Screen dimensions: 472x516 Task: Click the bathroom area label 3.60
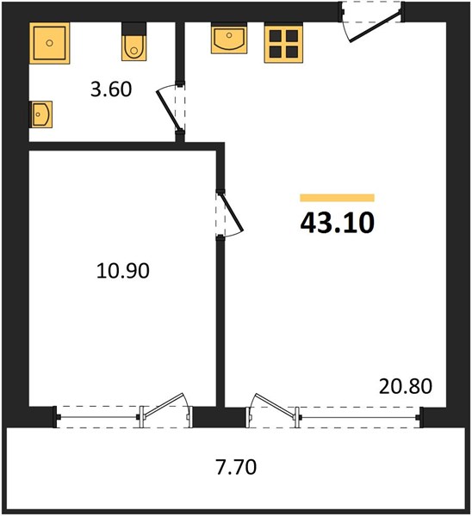coord(111,89)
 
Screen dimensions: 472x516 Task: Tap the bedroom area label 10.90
coord(123,271)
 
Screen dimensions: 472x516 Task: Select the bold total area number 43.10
coord(337,223)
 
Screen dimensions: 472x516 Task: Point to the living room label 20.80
coord(406,386)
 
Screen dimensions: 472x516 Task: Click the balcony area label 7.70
coord(236,467)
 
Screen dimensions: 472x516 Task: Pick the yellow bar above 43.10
coord(337,198)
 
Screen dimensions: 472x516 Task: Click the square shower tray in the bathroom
coord(49,43)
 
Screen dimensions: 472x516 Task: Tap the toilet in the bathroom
coord(134,42)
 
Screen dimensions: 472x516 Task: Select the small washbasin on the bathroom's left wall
coord(40,114)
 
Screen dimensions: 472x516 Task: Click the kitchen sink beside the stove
coord(229,38)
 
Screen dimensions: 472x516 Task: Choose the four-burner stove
coord(283,43)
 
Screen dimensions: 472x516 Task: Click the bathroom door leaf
coord(169,110)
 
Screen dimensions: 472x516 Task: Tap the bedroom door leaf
coord(232,212)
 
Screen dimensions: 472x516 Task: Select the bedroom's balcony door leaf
coord(164,404)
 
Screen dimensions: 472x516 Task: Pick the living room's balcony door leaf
coord(274,404)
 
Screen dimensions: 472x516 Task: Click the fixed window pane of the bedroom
coord(98,417)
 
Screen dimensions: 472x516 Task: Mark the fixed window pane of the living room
coord(359,417)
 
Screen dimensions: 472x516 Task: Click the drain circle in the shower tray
coord(49,43)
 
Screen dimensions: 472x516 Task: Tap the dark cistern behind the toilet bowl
coord(134,28)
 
